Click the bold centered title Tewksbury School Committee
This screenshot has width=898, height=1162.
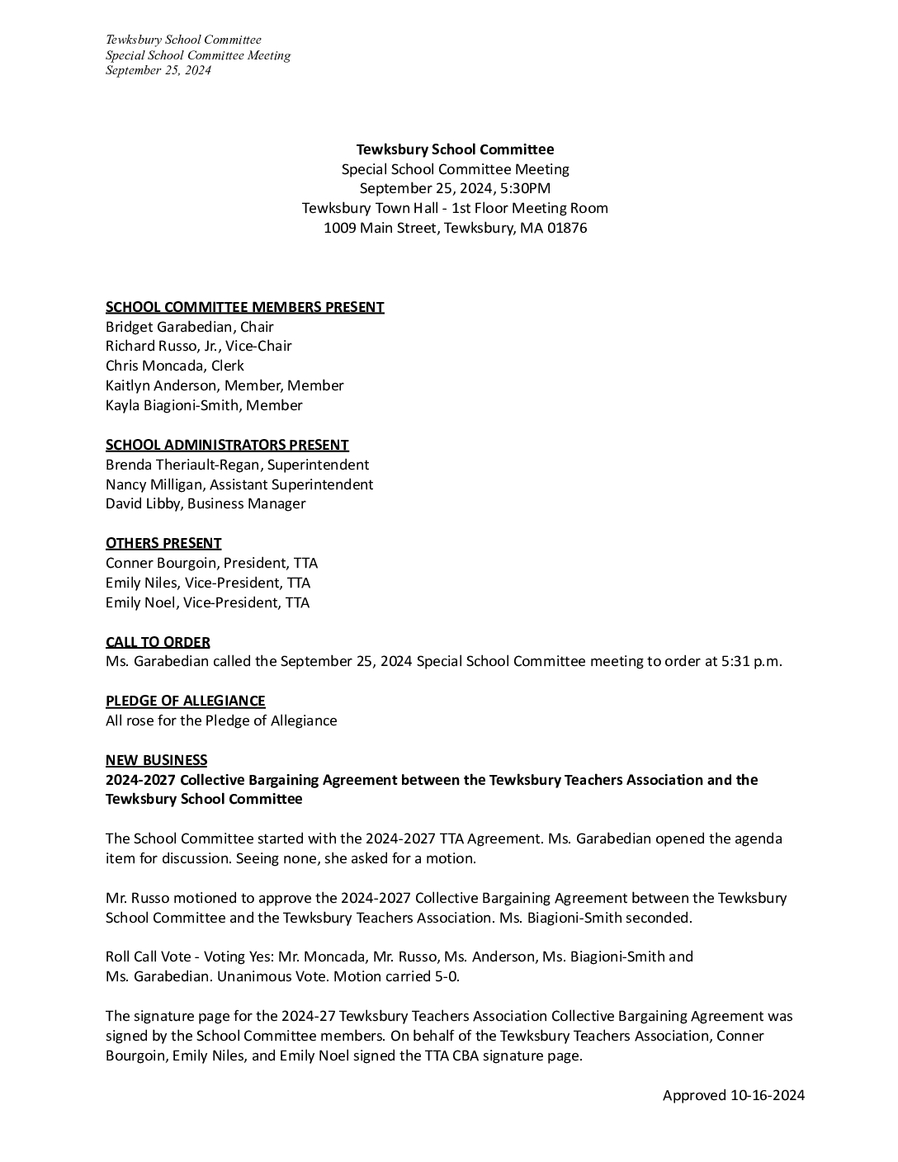tap(455, 149)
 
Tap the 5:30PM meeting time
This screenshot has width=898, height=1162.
tap(522, 189)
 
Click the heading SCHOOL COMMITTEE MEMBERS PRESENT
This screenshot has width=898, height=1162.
tap(244, 307)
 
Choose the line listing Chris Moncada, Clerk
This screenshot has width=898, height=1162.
tap(174, 366)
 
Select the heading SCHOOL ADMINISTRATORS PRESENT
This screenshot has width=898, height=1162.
tap(227, 445)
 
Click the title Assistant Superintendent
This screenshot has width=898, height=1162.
tap(291, 484)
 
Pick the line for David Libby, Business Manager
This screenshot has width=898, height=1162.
tap(206, 503)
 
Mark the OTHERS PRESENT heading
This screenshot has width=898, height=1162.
tap(163, 543)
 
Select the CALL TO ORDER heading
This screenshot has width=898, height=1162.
tap(158, 642)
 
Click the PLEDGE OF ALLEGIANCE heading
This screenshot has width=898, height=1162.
tap(185, 701)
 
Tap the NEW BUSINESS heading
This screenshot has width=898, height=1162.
tap(156, 760)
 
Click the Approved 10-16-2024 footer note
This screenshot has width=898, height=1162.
tap(733, 1095)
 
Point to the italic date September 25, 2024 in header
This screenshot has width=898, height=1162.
tap(158, 70)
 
